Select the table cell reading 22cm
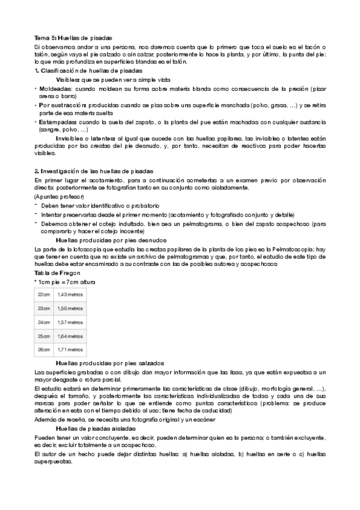pyautogui.click(x=44, y=294)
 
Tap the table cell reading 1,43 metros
pyautogui.click(x=69, y=294)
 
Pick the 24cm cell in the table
pyautogui.click(x=44, y=322)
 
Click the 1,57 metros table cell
pyautogui.click(x=69, y=322)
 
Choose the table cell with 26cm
pyautogui.click(x=44, y=349)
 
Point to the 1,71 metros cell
pyautogui.click(x=69, y=349)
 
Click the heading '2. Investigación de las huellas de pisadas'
pyautogui.click(x=94, y=171)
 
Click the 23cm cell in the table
pyautogui.click(x=44, y=308)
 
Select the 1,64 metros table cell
pyautogui.click(x=69, y=336)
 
